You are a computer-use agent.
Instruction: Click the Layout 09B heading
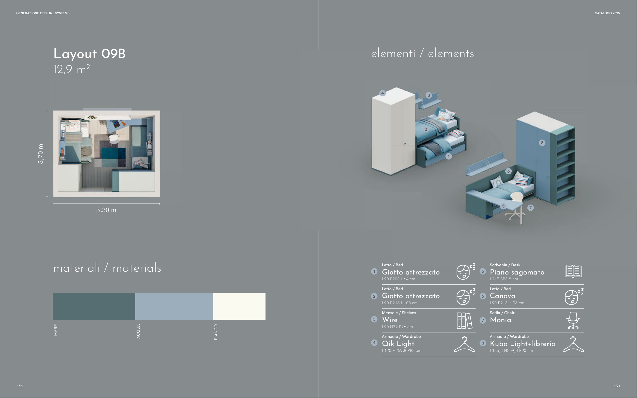click(x=89, y=54)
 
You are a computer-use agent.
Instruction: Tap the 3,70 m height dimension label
click(x=40, y=154)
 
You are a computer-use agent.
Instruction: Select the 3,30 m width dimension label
click(x=106, y=210)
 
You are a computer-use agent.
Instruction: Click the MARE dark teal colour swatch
click(x=94, y=306)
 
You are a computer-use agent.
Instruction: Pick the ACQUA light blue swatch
click(x=174, y=306)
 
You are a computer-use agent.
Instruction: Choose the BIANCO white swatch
click(x=239, y=306)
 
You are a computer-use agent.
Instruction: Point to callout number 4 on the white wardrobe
click(x=383, y=93)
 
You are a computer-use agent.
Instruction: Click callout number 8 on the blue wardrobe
click(x=542, y=143)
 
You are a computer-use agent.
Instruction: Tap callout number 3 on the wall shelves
click(x=429, y=95)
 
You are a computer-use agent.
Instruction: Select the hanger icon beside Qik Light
click(x=465, y=344)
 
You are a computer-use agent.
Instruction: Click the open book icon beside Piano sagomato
click(x=573, y=271)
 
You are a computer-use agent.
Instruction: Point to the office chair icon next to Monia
click(x=573, y=320)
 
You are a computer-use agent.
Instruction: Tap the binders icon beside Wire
click(x=465, y=321)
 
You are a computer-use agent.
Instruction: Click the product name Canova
click(x=502, y=296)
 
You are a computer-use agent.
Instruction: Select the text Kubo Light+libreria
click(x=523, y=344)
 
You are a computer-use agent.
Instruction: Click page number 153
click(x=617, y=386)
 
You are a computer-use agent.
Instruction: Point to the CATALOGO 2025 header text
click(x=607, y=13)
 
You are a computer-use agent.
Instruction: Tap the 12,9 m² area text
click(x=72, y=70)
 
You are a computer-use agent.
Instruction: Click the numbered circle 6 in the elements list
click(x=483, y=296)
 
